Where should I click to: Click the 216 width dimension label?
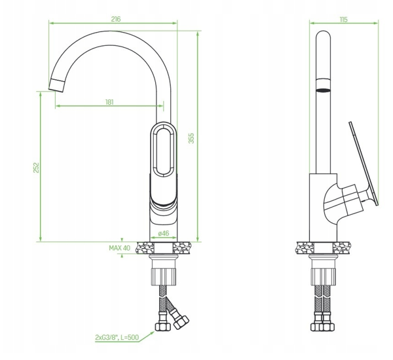116,19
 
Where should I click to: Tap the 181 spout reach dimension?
109,102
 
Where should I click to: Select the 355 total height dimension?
191,138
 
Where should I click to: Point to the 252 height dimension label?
36,168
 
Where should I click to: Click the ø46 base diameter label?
164,233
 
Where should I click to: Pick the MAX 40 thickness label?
120,248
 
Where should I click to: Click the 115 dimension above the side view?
344,20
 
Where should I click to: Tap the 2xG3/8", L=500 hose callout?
117,337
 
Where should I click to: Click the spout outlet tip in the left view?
56,85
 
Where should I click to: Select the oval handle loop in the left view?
163,150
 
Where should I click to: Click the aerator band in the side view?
323,86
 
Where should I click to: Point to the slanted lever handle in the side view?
364,164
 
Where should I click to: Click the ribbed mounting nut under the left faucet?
163,277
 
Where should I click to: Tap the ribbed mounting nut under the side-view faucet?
323,277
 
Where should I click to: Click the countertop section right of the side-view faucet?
341,248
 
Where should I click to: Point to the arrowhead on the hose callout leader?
152,333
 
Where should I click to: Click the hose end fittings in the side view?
323,327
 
